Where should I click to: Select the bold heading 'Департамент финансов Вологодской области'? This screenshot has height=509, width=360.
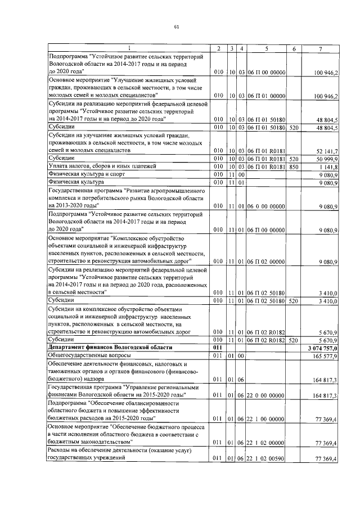(106, 349)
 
